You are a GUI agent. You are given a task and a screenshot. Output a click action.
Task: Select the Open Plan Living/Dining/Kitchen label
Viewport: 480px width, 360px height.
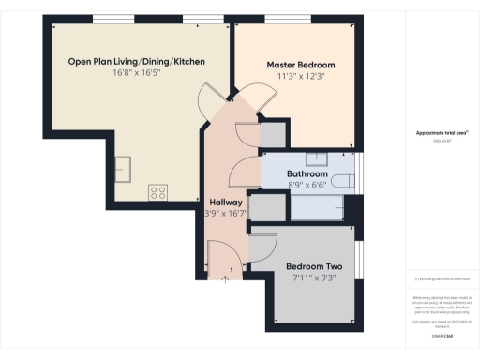click(137, 62)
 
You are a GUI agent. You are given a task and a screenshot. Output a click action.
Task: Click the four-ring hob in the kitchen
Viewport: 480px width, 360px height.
click(157, 193)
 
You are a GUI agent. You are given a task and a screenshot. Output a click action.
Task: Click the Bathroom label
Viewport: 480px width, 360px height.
click(307, 175)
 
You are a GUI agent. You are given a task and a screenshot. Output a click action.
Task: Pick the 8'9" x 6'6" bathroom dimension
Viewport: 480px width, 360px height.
click(307, 187)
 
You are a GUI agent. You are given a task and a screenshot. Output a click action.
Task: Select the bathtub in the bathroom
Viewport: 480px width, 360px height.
click(319, 207)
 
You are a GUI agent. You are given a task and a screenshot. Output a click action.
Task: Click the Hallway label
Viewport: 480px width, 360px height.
click(227, 202)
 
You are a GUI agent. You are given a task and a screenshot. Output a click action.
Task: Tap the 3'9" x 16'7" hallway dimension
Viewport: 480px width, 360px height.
click(227, 214)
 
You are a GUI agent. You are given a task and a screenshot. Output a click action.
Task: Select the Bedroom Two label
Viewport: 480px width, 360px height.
click(312, 265)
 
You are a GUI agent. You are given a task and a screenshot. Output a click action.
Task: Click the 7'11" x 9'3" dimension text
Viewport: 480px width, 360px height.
click(312, 277)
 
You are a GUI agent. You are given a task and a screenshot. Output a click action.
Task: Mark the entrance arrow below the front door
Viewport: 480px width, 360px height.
click(227, 277)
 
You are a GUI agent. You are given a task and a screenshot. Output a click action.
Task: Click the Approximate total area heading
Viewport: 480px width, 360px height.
click(442, 133)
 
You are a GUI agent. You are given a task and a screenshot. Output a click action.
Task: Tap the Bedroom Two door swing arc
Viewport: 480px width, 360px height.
click(262, 246)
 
